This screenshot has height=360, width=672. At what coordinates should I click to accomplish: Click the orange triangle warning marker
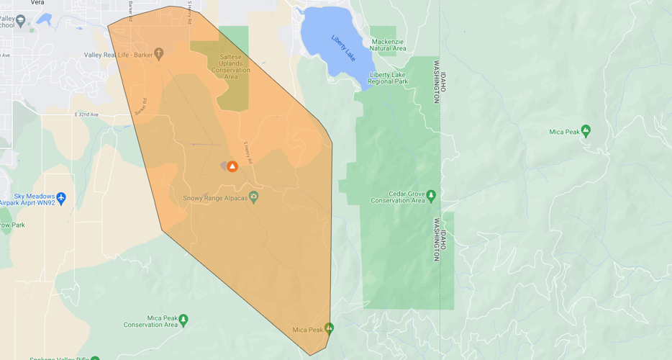pyautogui.click(x=232, y=166)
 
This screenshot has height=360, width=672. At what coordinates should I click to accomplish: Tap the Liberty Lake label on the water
pyautogui.click(x=343, y=48)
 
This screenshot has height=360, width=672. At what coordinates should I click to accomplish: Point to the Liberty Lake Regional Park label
pyautogui.click(x=389, y=78)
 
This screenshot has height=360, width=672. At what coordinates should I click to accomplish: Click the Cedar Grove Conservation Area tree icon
pyautogui.click(x=431, y=194)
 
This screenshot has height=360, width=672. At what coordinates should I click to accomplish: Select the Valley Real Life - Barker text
pyautogui.click(x=119, y=55)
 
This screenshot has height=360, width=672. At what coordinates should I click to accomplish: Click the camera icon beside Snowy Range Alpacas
pyautogui.click(x=253, y=197)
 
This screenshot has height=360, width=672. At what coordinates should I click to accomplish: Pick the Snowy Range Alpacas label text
pyautogui.click(x=215, y=197)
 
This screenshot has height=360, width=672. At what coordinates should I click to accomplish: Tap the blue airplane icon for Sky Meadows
pyautogui.click(x=61, y=197)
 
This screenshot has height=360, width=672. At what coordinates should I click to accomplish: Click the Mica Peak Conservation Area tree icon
pyautogui.click(x=183, y=318)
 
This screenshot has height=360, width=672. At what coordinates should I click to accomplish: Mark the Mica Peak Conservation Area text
pyautogui.click(x=150, y=321)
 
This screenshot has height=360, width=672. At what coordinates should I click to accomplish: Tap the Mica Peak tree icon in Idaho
pyautogui.click(x=586, y=130)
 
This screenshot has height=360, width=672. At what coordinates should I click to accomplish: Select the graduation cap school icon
pyautogui.click(x=20, y=22)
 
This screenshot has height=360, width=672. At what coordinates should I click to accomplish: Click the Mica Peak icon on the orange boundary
pyautogui.click(x=329, y=328)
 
